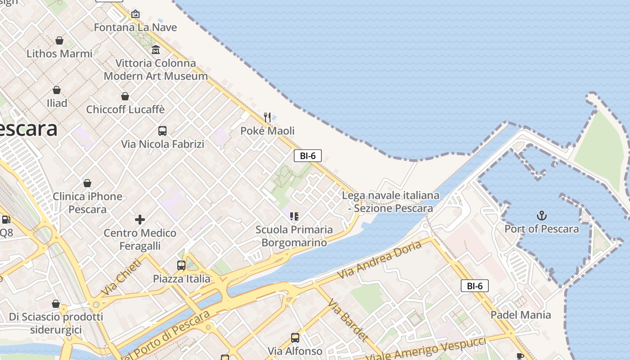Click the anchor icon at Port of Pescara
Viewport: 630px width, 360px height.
tap(542, 216)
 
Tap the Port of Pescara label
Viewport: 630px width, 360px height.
tap(542, 229)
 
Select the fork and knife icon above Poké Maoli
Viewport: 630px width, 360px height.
tap(267, 117)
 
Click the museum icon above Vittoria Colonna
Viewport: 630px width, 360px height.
tap(156, 49)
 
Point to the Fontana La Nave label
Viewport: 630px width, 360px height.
tap(135, 27)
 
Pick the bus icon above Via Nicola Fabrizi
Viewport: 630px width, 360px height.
tap(162, 131)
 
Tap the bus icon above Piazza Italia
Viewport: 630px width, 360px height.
tap(181, 265)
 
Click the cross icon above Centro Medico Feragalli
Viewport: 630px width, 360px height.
tap(140, 220)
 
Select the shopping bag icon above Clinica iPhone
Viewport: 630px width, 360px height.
tap(87, 183)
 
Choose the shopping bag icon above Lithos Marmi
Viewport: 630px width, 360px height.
tap(59, 40)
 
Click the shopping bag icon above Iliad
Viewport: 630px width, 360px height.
tap(57, 90)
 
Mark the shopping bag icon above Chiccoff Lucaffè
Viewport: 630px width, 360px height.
tap(125, 96)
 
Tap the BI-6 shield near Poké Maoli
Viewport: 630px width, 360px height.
tap(308, 156)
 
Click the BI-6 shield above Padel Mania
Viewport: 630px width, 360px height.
tap(475, 286)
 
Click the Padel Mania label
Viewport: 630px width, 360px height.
tap(521, 315)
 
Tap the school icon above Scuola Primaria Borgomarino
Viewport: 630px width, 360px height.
tap(294, 216)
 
